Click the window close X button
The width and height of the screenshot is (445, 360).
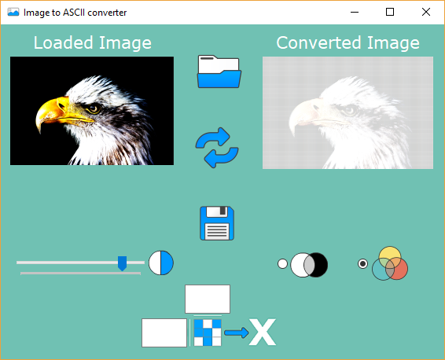(425, 12)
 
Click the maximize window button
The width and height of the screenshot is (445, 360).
(390, 12)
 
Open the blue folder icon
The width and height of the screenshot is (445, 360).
(219, 72)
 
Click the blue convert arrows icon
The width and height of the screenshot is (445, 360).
(216, 148)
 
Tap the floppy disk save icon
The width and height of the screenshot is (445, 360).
(218, 223)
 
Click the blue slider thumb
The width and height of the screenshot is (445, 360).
(122, 263)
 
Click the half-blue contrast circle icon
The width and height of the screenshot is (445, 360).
(161, 263)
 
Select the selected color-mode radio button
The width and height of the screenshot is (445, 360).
(362, 264)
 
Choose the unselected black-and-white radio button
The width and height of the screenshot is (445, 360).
(283, 264)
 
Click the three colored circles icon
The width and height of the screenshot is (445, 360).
(390, 264)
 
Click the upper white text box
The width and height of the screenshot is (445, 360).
(208, 299)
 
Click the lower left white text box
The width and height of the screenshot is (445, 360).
(164, 332)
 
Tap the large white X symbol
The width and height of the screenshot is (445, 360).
(263, 332)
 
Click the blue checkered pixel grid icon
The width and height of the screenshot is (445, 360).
(208, 332)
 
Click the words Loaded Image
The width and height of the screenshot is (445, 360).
(92, 42)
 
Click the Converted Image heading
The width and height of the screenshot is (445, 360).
(348, 42)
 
